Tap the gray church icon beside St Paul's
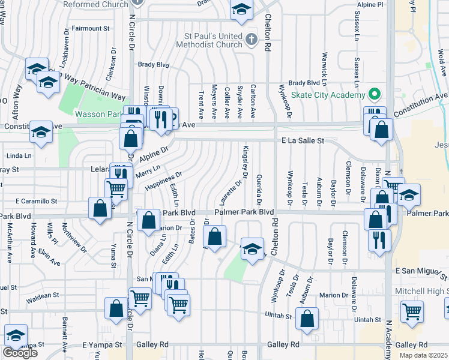(x=252, y=40)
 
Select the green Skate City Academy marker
(x=375, y=95)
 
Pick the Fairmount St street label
(x=91, y=28)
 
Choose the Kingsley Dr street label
(x=246, y=161)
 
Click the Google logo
(x=20, y=353)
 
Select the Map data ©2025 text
(x=424, y=355)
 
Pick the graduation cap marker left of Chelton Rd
(x=253, y=247)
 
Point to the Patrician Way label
(x=100, y=96)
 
